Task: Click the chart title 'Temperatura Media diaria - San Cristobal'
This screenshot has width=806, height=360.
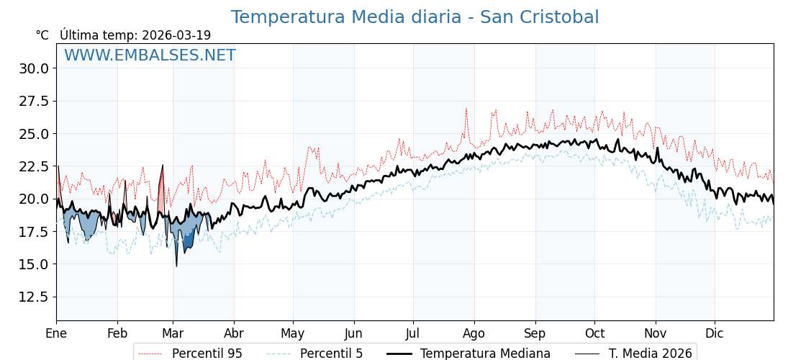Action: pos(415,17)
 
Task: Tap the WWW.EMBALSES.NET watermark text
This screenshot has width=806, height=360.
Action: pos(150,55)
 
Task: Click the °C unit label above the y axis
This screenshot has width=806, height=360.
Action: pos(42,35)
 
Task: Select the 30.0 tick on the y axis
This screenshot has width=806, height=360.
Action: pos(34,68)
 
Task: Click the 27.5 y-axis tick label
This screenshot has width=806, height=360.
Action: pos(34,101)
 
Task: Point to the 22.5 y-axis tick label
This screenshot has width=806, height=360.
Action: pos(34,166)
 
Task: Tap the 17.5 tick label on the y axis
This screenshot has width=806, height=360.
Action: pos(34,232)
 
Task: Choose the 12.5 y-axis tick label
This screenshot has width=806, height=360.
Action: pos(34,297)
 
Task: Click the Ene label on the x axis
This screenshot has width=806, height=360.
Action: pos(56,333)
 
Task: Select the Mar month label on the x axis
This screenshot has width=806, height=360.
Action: pos(173,333)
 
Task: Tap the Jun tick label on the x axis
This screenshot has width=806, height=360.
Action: pos(353,333)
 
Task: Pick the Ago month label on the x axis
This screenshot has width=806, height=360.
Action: pos(474,333)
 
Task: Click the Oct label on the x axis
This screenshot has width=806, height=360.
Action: pos(594,333)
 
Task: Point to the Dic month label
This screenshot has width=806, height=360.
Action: pos(715,333)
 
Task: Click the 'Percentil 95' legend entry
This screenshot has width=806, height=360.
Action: pos(207,354)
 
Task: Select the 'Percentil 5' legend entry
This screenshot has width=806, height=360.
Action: pos(331,354)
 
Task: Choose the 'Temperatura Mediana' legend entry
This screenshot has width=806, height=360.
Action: pos(485,354)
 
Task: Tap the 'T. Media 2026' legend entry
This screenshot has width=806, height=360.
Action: pos(650,354)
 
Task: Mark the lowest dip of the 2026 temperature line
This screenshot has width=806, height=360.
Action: pos(176,266)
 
